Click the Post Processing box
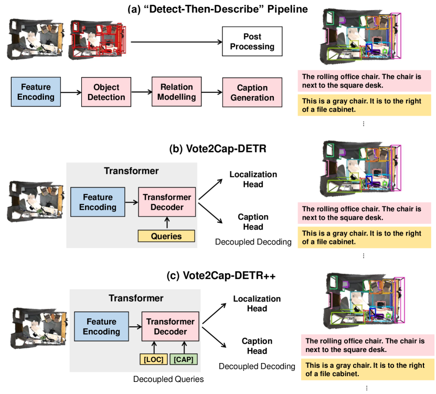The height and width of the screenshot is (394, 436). coord(252,41)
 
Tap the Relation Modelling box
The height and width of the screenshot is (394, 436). coord(177,92)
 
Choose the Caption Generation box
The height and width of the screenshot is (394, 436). coord(248,92)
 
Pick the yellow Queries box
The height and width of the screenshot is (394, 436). coord(166,236)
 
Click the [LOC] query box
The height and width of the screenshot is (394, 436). coord(153,359)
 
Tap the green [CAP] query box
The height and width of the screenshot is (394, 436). coord(184,359)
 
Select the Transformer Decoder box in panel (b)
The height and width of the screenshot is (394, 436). coord(166,202)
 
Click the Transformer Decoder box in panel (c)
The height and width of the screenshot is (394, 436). coord(170,326)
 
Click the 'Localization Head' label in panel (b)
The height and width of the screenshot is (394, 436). coord(253,179)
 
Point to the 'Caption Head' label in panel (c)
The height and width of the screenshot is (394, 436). coord(257,346)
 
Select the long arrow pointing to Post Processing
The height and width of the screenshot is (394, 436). coord(175,41)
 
